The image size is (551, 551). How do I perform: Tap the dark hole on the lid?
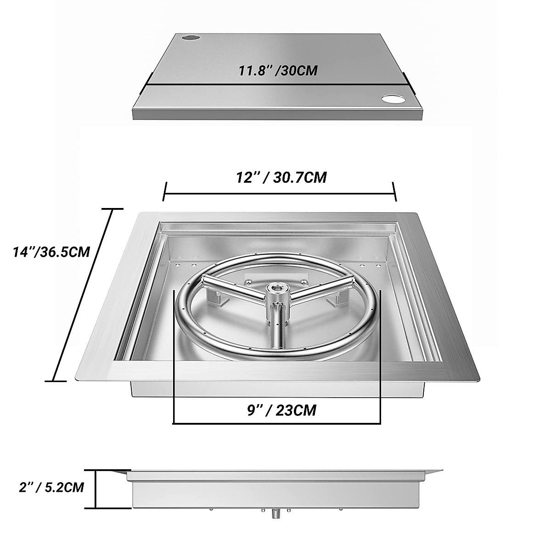tap(189, 37)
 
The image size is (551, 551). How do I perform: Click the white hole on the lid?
tap(393, 99)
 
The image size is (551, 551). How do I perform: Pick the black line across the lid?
tap(275, 84)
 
